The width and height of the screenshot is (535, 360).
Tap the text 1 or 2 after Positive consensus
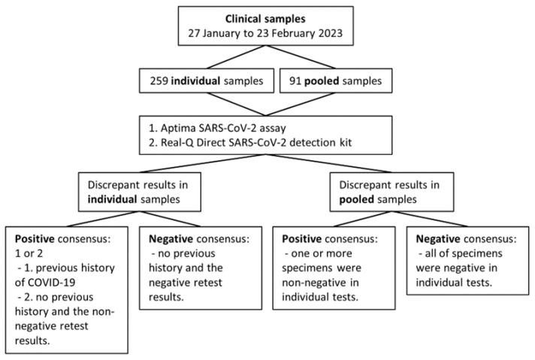[23, 252]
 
